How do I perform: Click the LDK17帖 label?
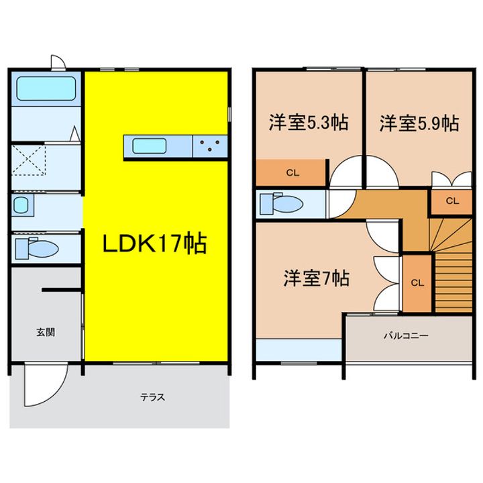[154, 243]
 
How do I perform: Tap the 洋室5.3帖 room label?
[309, 123]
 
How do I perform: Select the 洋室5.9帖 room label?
[419, 123]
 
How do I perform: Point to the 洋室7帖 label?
[315, 278]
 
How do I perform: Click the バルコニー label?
[406, 335]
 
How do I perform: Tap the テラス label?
[153, 396]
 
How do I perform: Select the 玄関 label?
[46, 331]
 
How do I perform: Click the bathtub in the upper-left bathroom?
[45, 88]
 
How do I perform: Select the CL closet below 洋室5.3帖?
[292, 172]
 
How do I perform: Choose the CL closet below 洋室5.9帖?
[451, 200]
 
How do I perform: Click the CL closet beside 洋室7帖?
[417, 282]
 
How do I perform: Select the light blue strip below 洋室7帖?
[299, 350]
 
